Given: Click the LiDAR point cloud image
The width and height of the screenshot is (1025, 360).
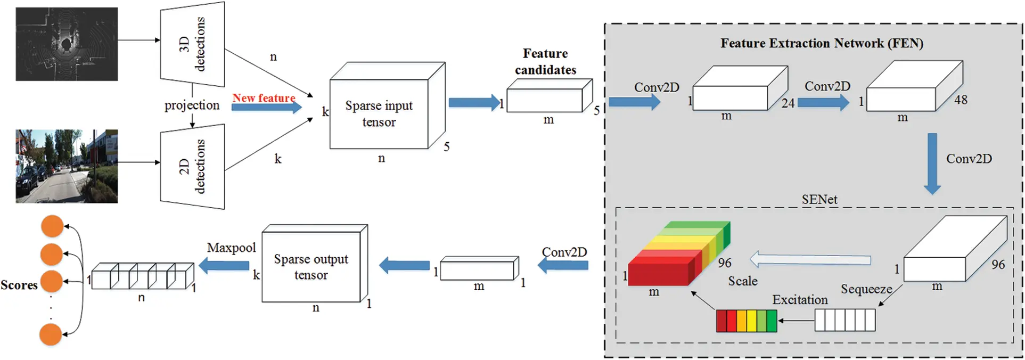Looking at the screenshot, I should tap(67, 44).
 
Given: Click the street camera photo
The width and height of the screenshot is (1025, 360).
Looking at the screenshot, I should tap(67, 166).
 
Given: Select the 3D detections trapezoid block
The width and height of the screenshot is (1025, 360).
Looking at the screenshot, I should tap(192, 44).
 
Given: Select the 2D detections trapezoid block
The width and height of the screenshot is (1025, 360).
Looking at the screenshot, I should tap(192, 167).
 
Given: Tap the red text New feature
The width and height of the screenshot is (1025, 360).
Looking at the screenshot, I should tap(264, 98).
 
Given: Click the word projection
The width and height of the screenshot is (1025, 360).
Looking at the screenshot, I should tap(192, 105).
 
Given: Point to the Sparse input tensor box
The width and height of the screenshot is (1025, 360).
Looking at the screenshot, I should tap(379, 113).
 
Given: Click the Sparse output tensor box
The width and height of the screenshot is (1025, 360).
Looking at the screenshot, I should tap(311, 266).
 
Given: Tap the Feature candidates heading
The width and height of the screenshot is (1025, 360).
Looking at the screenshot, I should tap(545, 61).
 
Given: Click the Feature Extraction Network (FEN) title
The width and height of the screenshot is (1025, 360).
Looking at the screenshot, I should tap(822, 43).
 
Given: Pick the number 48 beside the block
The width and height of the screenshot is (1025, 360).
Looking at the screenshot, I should tap(961, 100).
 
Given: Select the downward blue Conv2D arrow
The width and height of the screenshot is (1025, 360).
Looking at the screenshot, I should tap(932, 163).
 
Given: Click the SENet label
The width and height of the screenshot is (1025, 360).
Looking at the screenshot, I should tap(819, 199).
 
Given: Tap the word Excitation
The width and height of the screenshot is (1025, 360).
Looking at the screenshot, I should tap(800, 300).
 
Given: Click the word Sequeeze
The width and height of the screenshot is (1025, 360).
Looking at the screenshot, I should tap(866, 289).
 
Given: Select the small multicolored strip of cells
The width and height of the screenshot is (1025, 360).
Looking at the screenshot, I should tap(746, 321).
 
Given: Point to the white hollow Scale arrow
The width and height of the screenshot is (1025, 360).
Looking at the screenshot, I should tap(810, 260).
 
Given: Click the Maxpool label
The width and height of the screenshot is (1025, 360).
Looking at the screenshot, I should tap(231, 248).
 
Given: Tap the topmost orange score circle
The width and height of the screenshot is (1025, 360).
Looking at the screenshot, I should tap(52, 226).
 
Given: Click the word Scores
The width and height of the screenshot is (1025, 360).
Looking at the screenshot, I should tap(19, 285).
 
